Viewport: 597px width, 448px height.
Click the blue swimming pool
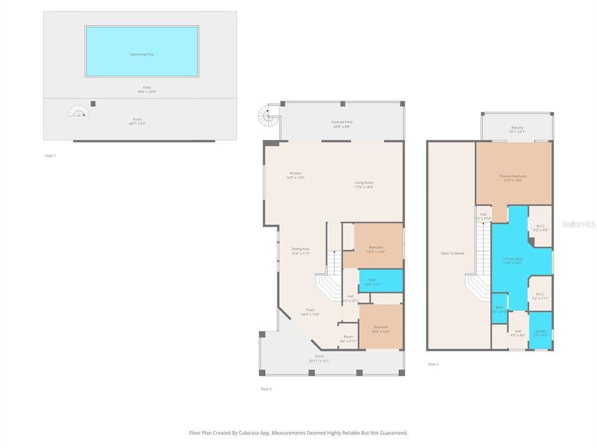point(142,51)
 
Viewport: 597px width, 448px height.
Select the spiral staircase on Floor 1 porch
point(79,111)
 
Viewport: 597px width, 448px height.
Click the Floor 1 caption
point(50,156)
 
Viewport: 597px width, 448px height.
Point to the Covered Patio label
point(342,124)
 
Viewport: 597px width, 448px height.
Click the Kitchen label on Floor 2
point(296,175)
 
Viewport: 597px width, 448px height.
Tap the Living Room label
point(364,184)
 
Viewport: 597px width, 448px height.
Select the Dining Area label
point(300,251)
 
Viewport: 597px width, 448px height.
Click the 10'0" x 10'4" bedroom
point(381,328)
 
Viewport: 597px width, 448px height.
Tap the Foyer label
point(310,311)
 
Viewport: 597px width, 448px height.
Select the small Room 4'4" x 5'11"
point(348,338)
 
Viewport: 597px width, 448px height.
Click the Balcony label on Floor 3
point(517,129)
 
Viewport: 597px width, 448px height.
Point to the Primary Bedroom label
point(513,178)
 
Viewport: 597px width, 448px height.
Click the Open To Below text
point(452,253)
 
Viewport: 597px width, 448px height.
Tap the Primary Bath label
point(513,260)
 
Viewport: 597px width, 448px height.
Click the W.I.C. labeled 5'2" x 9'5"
point(540,228)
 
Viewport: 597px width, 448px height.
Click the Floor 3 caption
point(433,364)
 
